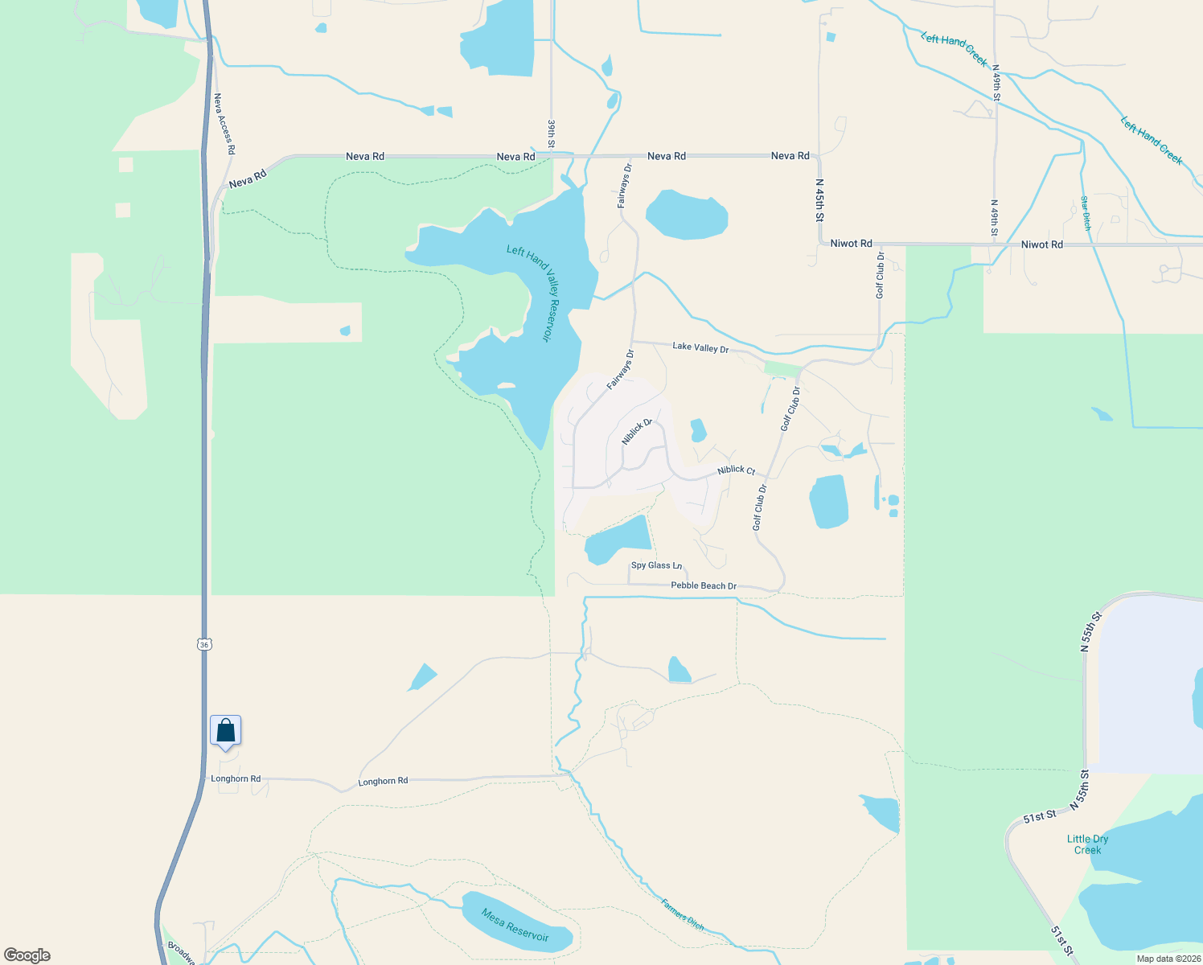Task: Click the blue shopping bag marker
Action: [x=226, y=731]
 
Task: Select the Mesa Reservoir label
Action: [x=515, y=925]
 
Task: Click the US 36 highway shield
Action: [x=204, y=644]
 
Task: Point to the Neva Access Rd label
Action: [x=224, y=124]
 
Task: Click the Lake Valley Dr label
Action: [x=700, y=347]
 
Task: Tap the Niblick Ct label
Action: [x=737, y=470]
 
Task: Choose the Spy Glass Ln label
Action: [x=656, y=565]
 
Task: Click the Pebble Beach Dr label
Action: [x=704, y=585]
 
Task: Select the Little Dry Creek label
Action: [x=1087, y=844]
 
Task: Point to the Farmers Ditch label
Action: [x=683, y=914]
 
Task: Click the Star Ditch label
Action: [x=1086, y=213]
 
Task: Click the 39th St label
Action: [x=552, y=133]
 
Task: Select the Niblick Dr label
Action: [x=637, y=432]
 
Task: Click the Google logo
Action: [x=27, y=955]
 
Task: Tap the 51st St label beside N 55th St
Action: [x=1040, y=817]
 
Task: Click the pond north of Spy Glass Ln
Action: [x=618, y=540]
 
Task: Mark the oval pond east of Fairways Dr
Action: [x=687, y=215]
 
